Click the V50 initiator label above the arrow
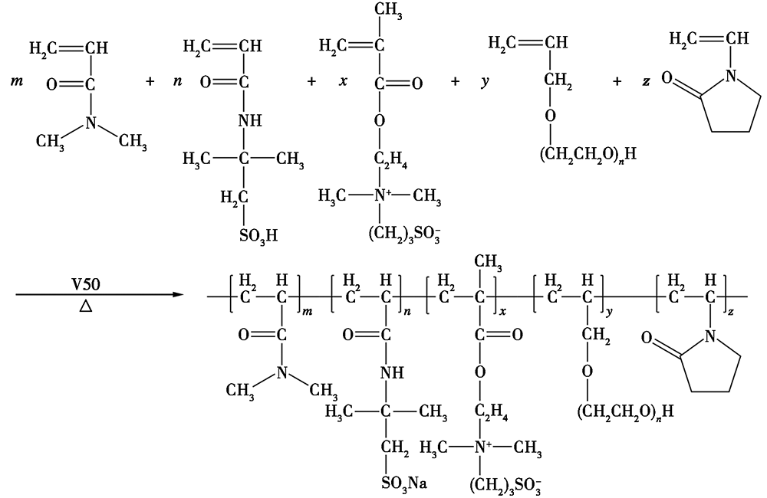point(86,283)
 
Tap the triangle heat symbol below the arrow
point(86,306)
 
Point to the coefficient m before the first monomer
point(17,80)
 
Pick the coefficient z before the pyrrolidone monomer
point(646,81)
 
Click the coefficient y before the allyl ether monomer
point(485,82)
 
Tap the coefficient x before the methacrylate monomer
point(343,81)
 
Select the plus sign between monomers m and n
point(150,82)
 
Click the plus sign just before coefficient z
point(617,82)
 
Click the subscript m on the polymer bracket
point(308,312)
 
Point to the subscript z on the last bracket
point(730,312)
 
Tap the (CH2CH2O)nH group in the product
point(625,411)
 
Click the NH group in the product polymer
point(392,373)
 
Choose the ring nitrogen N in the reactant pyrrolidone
point(730,76)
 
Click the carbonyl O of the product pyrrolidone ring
point(647,338)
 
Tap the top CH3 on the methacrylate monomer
point(388,10)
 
